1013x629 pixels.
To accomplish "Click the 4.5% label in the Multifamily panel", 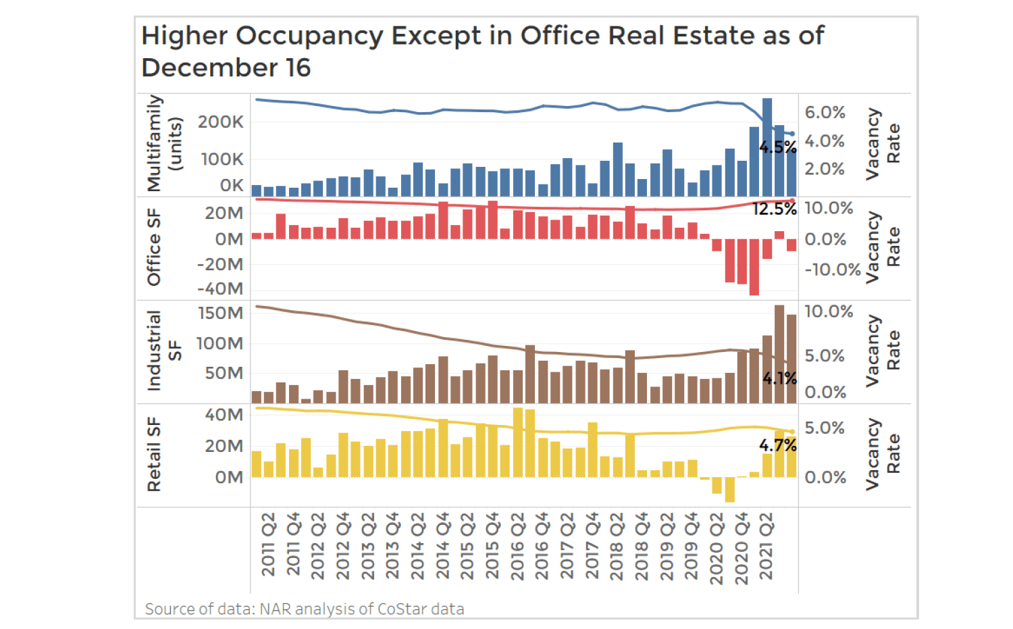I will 777,147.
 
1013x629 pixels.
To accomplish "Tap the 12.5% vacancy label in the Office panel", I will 775,209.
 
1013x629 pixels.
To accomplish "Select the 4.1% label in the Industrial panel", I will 779,378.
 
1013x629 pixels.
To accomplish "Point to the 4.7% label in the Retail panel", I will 777,445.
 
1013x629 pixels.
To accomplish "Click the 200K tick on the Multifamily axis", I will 220,122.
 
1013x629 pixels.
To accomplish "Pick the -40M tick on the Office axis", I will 220,288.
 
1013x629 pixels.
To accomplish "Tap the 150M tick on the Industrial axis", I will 220,313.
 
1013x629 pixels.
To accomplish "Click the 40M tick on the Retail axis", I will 224,415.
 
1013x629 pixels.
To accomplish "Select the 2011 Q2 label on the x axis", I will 268,545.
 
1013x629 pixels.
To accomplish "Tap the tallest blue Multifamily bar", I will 767,147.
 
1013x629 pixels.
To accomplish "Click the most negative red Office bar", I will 754,267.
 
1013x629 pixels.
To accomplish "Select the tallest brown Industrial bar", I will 779,354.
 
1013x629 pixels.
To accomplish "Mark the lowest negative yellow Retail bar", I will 729,490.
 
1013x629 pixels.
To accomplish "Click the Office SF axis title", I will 154,247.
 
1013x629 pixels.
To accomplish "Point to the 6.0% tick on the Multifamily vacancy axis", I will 825,112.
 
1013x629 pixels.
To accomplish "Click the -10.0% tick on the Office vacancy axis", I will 832,270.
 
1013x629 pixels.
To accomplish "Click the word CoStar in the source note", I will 402,609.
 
